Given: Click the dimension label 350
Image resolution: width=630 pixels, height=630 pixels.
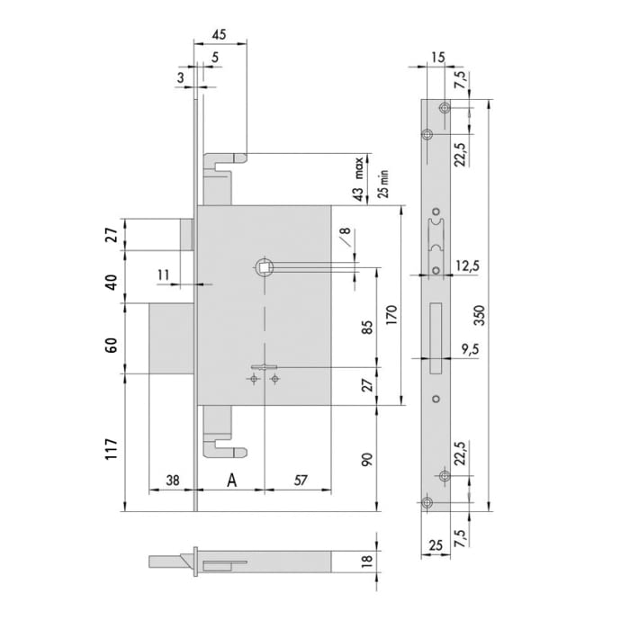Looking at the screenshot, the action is pyautogui.click(x=480, y=316).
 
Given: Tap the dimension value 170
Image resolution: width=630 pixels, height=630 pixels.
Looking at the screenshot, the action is pyautogui.click(x=391, y=315).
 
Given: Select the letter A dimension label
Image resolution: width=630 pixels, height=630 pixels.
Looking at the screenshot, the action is pyautogui.click(x=232, y=480).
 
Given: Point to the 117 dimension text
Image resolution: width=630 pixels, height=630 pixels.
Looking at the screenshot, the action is pyautogui.click(x=112, y=449).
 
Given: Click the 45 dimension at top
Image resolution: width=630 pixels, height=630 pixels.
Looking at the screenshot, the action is pyautogui.click(x=219, y=34).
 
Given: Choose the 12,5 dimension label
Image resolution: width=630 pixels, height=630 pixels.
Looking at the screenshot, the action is pyautogui.click(x=468, y=266).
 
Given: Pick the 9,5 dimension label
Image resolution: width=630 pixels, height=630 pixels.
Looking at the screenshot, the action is pyautogui.click(x=470, y=349).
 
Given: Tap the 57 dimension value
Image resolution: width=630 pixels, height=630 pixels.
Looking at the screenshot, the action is pyautogui.click(x=301, y=480).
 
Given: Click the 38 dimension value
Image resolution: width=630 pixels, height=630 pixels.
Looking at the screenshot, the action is pyautogui.click(x=173, y=480).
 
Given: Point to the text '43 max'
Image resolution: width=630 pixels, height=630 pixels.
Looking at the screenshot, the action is pyautogui.click(x=359, y=179).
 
